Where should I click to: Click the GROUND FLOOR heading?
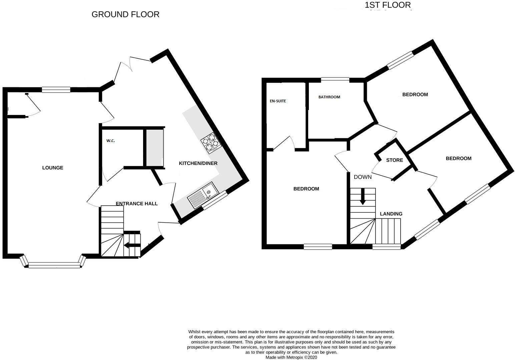click(x=125, y=14)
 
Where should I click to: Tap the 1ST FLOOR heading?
click(x=388, y=5)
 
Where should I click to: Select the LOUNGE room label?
click(x=53, y=168)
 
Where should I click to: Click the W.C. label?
click(x=111, y=141)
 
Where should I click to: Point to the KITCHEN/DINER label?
click(x=198, y=163)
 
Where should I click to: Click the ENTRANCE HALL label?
click(x=137, y=203)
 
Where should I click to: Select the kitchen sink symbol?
click(x=203, y=196)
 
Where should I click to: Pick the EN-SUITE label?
click(x=278, y=101)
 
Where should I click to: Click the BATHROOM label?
click(x=329, y=97)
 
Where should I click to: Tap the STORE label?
click(x=395, y=160)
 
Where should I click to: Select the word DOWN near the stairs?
click(x=363, y=177)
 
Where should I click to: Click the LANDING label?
click(x=391, y=214)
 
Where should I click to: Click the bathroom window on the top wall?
click(x=335, y=79)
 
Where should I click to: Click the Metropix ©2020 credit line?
click(x=291, y=357)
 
